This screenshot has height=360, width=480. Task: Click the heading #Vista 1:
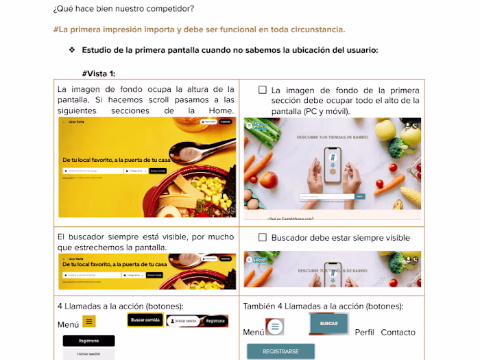98,73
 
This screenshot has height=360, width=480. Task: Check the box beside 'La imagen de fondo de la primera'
262,90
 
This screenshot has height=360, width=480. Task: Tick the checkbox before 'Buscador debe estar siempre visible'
262,237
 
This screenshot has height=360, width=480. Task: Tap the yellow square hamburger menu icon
89,321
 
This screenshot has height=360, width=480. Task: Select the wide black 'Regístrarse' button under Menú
88,341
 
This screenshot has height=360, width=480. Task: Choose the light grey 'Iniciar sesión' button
88,355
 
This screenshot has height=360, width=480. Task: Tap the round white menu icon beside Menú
275,327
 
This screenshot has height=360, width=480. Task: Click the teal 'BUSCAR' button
328,323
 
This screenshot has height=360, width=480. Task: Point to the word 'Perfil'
364,333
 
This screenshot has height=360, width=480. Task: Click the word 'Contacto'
398,333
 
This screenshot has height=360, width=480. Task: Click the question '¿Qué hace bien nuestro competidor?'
123,9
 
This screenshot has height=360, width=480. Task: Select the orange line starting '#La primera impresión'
199,29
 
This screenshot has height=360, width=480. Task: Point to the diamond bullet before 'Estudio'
72,50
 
